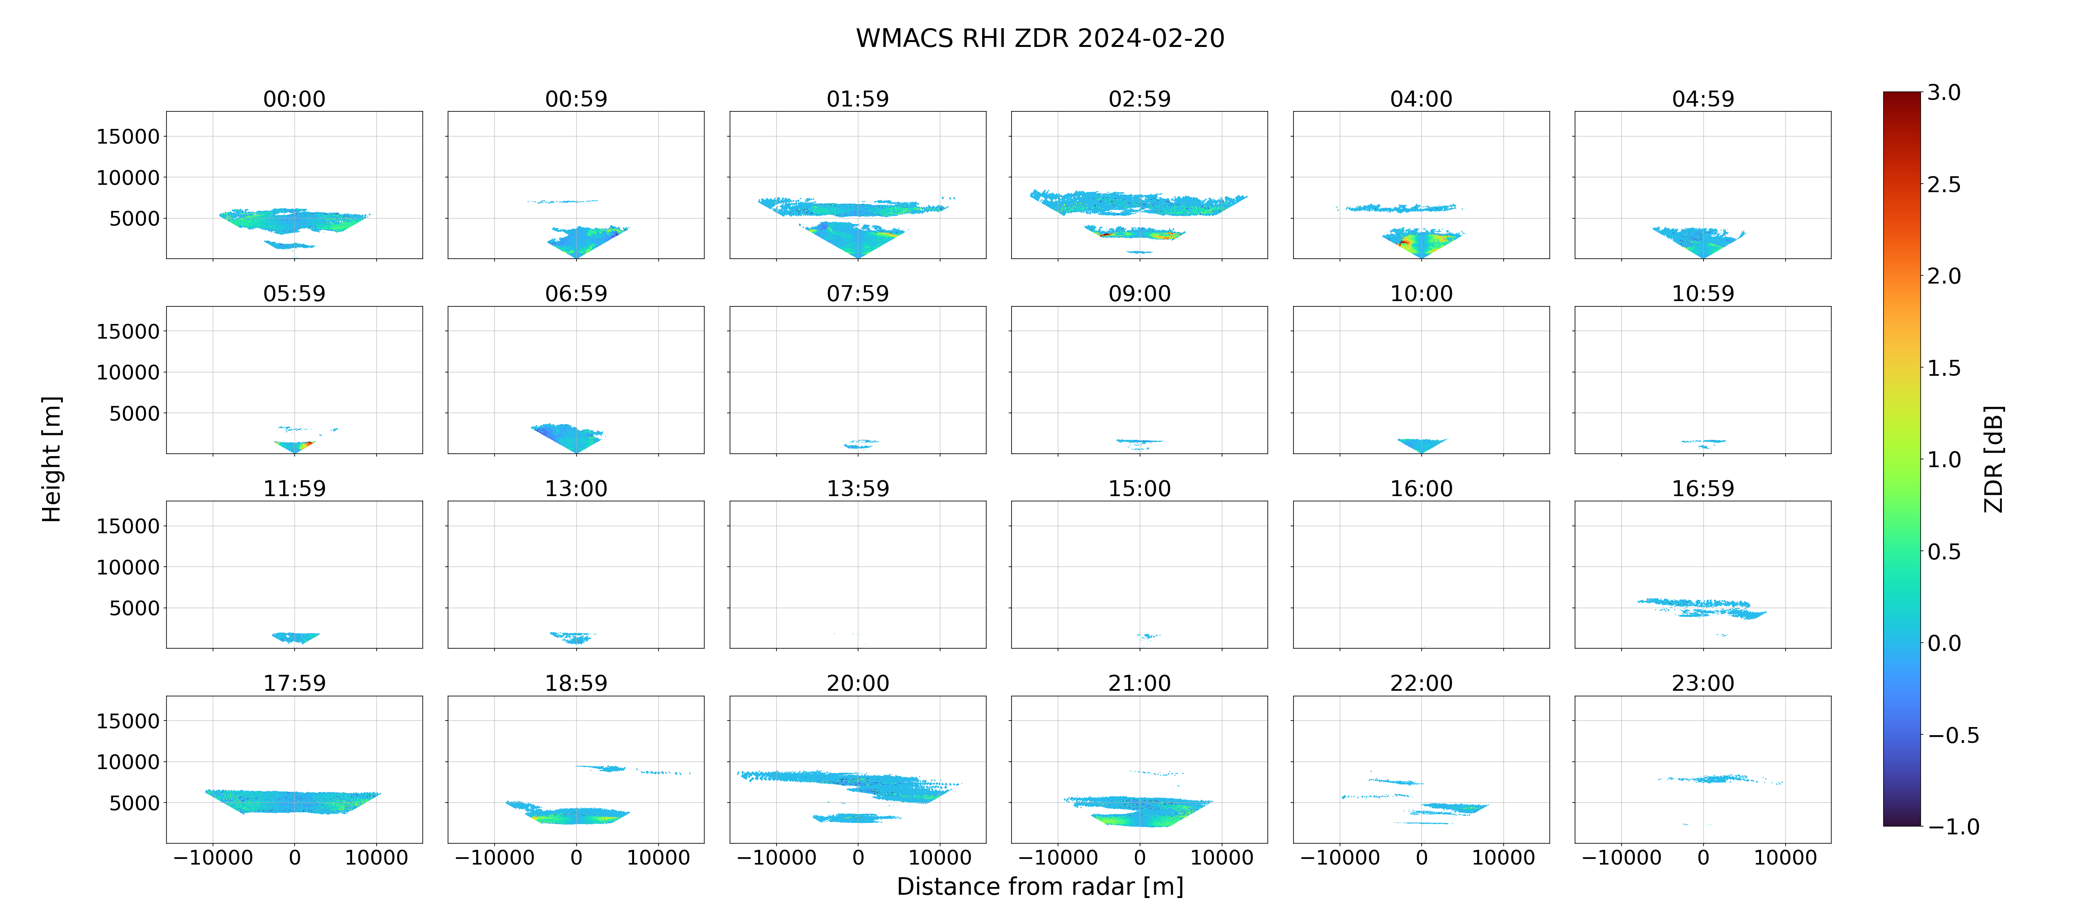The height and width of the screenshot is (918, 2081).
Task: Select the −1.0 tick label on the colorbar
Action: [x=1953, y=827]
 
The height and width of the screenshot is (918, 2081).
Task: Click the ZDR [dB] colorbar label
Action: [x=1994, y=459]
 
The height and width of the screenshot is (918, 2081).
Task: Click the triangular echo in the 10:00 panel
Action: [x=1421, y=444]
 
